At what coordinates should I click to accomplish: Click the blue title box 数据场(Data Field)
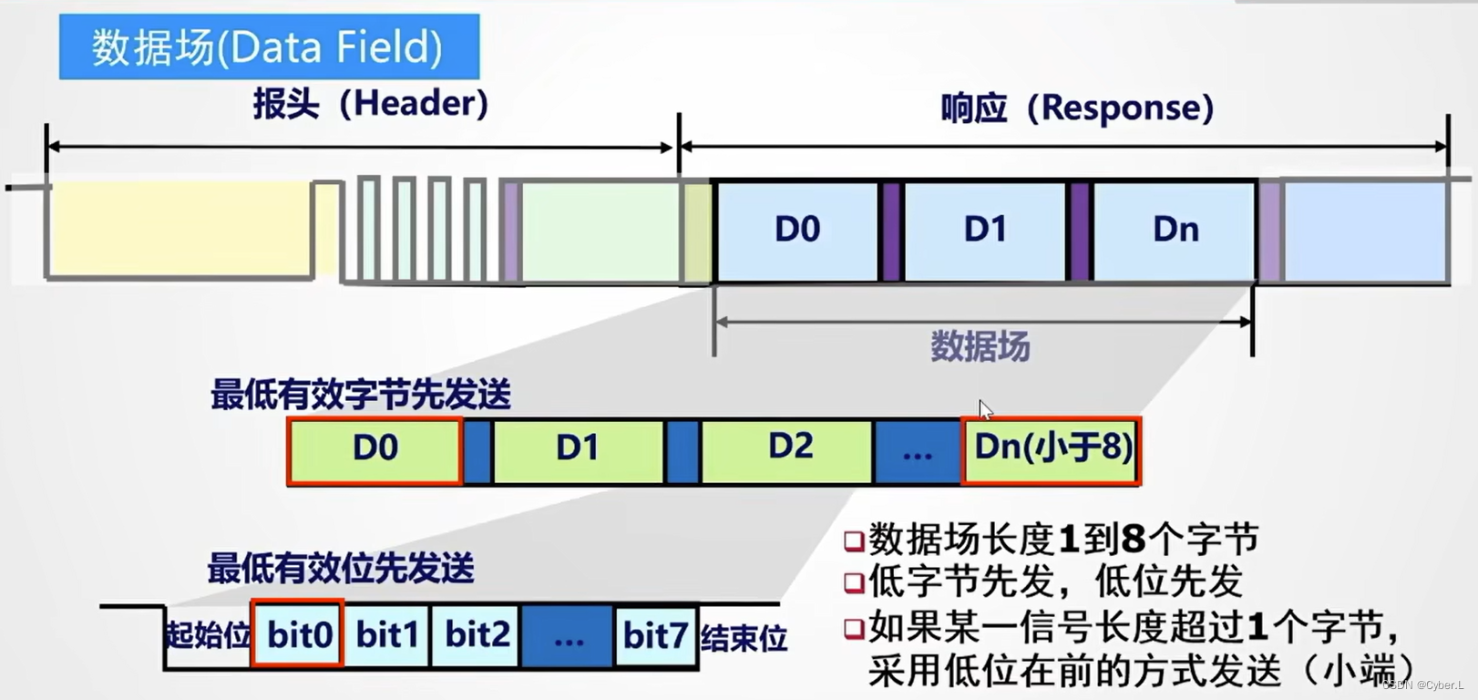tap(269, 46)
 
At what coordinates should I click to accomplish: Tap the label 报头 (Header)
tap(371, 104)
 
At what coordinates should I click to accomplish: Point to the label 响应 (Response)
tap(1077, 108)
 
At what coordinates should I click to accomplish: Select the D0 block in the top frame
tap(797, 230)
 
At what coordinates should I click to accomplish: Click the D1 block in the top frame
tap(985, 230)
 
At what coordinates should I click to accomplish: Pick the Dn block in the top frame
tap(1175, 230)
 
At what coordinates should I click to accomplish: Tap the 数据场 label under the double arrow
tap(980, 347)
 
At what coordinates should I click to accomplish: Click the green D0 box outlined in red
tap(375, 449)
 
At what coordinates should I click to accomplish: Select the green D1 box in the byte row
tap(578, 449)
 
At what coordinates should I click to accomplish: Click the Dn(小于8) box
tap(1052, 449)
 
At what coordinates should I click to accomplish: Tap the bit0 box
tap(298, 634)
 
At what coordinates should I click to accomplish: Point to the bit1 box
tap(387, 634)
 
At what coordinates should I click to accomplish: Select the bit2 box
tap(477, 634)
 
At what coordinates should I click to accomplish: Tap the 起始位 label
tap(207, 635)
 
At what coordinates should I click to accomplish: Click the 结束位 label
tap(744, 638)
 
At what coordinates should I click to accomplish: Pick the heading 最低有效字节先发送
tap(361, 396)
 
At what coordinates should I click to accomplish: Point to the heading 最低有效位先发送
tap(341, 569)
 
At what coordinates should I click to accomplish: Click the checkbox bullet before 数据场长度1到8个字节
tap(854, 541)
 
